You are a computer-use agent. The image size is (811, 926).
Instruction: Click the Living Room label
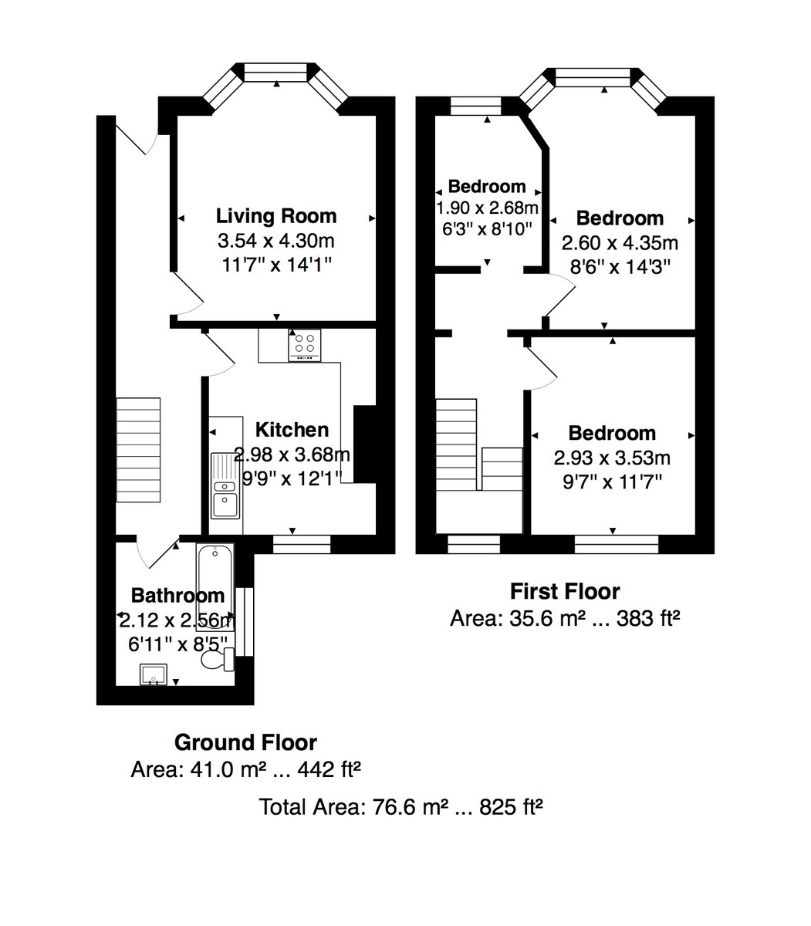275,215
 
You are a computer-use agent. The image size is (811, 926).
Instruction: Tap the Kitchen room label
292,430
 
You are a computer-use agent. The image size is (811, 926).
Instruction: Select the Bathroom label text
177,596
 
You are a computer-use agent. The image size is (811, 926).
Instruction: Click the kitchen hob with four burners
304,346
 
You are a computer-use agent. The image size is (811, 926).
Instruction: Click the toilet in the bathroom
217,660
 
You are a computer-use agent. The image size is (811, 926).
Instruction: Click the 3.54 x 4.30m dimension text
275,241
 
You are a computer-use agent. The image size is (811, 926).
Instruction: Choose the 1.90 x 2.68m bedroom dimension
487,208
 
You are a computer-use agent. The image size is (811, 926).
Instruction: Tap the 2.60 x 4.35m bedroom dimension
619,244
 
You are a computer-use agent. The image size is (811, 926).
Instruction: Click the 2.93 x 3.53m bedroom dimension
612,458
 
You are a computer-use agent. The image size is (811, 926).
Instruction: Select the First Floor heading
565,592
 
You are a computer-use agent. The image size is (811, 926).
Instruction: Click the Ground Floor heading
245,743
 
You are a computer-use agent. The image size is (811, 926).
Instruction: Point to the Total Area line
401,808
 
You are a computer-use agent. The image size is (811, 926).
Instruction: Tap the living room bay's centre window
276,73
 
